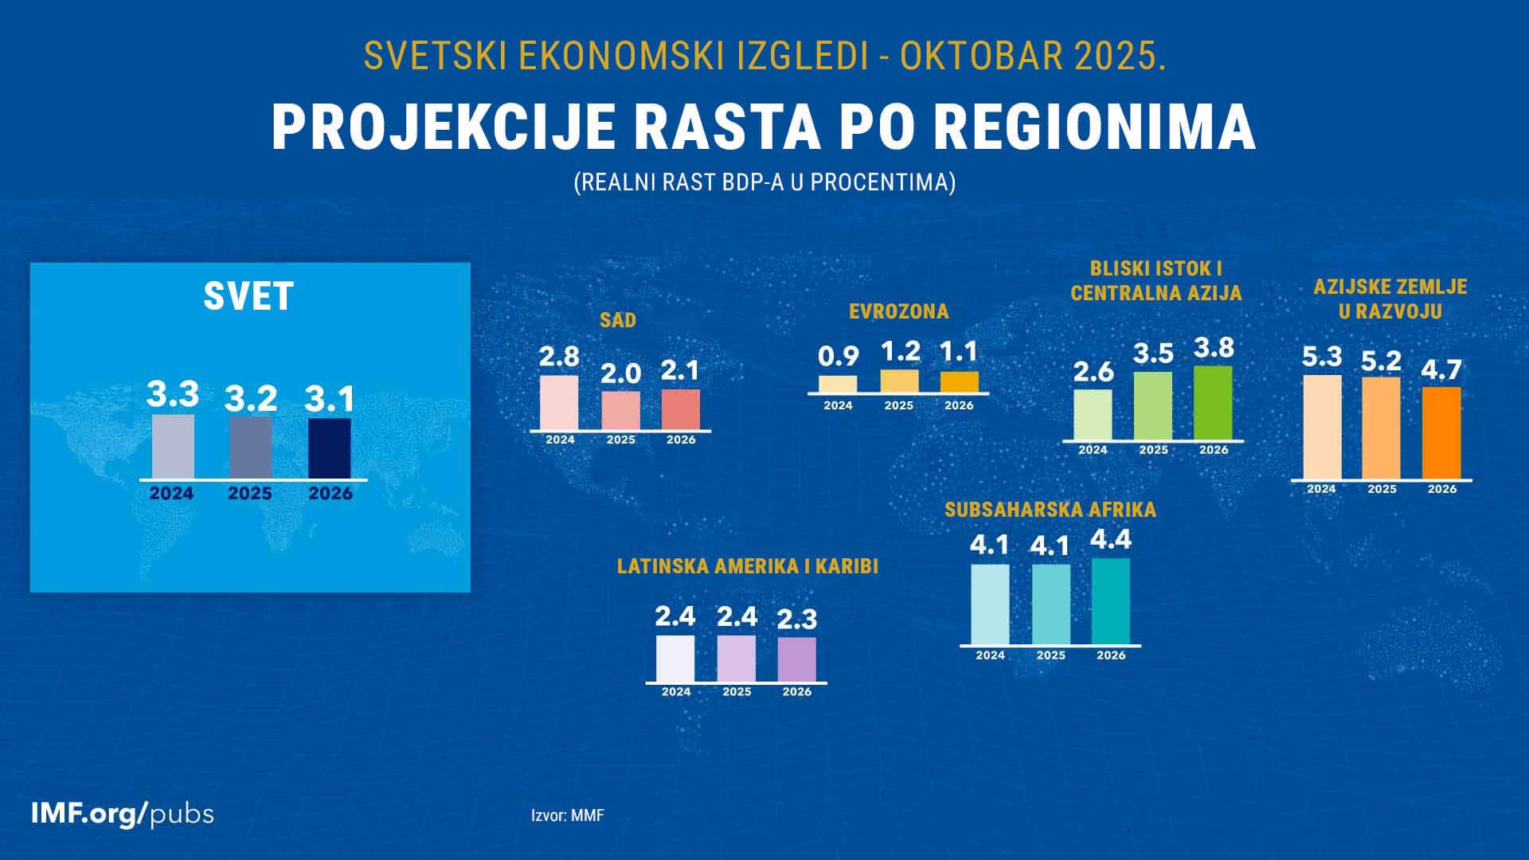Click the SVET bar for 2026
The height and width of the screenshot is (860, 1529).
[329, 448]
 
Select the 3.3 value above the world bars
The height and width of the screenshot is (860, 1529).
[173, 394]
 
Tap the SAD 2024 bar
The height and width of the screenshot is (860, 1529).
[559, 403]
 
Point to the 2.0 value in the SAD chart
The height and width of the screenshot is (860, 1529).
[620, 373]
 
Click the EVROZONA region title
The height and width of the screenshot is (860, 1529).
[898, 311]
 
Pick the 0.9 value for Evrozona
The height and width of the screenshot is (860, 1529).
[838, 356]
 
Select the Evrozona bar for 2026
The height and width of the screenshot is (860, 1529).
[959, 381]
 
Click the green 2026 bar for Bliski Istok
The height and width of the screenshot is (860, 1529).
[1213, 403]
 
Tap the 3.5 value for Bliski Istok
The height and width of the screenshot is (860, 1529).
[1153, 354]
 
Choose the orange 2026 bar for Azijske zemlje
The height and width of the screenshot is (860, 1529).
[1441, 433]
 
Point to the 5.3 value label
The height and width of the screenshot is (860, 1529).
[1321, 357]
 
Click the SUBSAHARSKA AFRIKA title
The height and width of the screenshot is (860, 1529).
[1050, 510]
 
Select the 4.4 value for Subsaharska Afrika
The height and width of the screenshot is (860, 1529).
[1110, 540]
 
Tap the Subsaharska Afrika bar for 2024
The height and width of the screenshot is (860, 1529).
[990, 604]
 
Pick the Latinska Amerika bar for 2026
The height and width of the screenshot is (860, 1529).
[796, 659]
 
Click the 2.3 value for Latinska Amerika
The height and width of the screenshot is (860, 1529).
[796, 620]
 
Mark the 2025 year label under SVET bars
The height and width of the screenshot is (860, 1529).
[250, 494]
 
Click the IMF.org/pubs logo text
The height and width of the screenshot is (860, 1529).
[123, 814]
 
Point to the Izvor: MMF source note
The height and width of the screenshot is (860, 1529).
[567, 815]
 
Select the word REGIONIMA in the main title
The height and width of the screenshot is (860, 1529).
[1094, 127]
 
